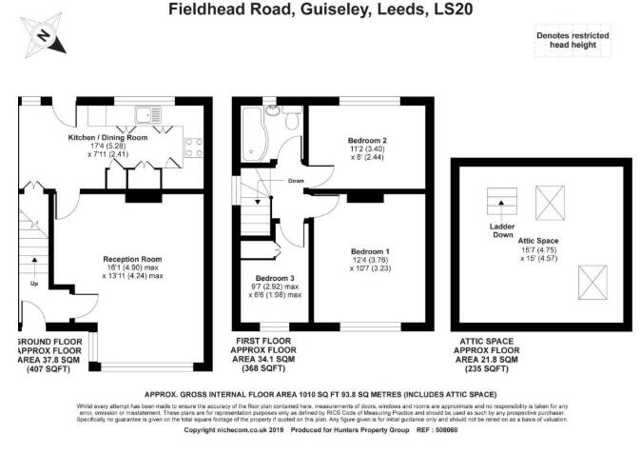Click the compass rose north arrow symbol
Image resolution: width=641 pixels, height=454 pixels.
(42, 37)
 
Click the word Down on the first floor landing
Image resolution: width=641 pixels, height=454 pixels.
(296, 180)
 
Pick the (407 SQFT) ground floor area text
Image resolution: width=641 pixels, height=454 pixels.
(46, 368)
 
